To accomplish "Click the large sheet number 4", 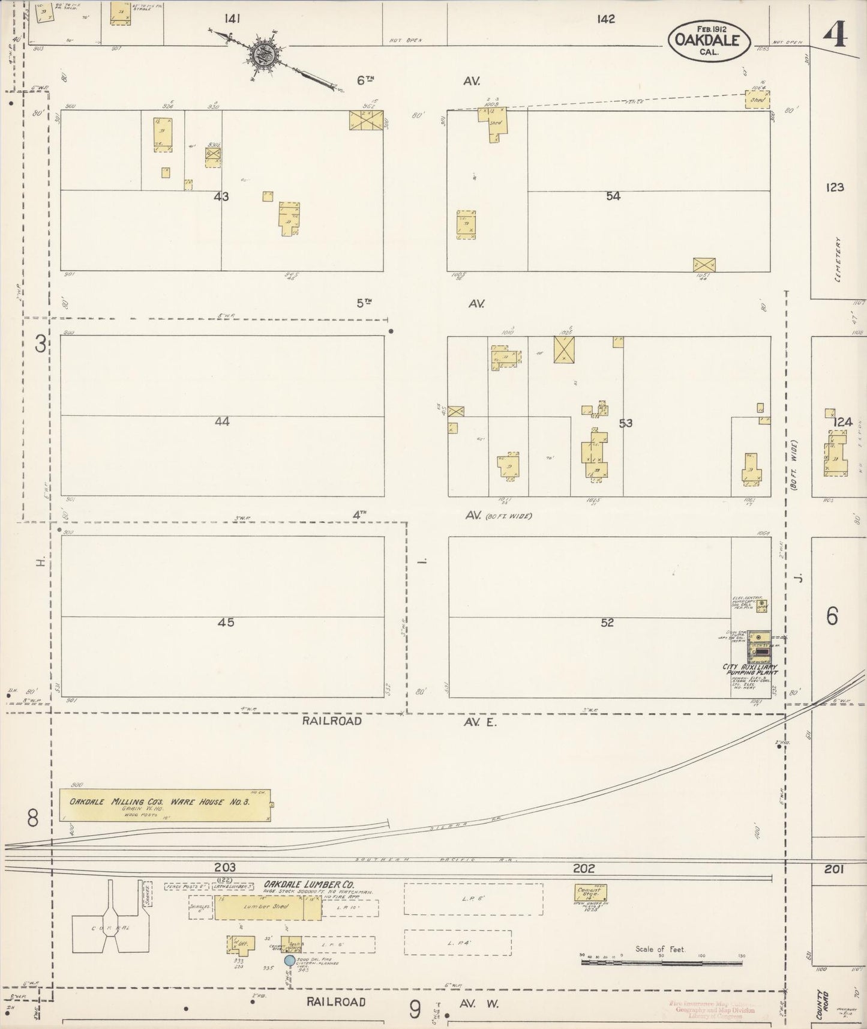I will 835,36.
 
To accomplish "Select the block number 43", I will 221,196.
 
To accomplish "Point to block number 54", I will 613,196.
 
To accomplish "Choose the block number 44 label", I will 222,422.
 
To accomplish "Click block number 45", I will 226,623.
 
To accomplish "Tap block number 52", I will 607,623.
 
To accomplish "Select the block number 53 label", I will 625,423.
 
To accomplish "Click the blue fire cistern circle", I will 289,961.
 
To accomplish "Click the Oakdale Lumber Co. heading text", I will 308,885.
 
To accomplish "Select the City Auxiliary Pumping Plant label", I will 750,670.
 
